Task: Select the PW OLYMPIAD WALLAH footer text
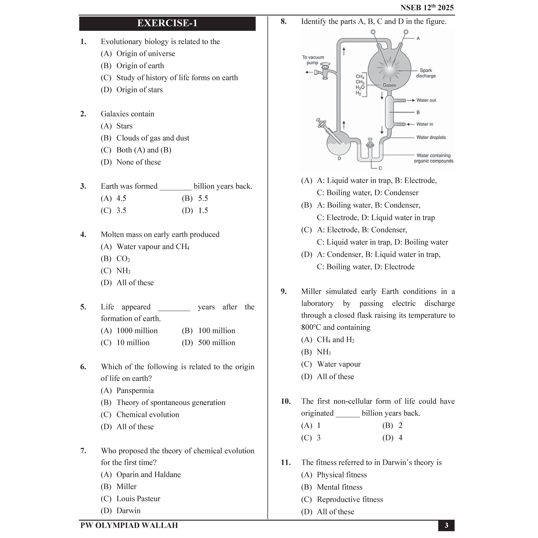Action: (129, 525)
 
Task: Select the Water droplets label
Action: (431, 137)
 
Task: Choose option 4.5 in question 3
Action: (121, 198)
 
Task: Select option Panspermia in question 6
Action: (135, 390)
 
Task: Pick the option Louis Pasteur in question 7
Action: (138, 498)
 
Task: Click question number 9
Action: (283, 291)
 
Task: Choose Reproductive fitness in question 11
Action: (350, 499)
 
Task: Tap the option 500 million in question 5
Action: (216, 343)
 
